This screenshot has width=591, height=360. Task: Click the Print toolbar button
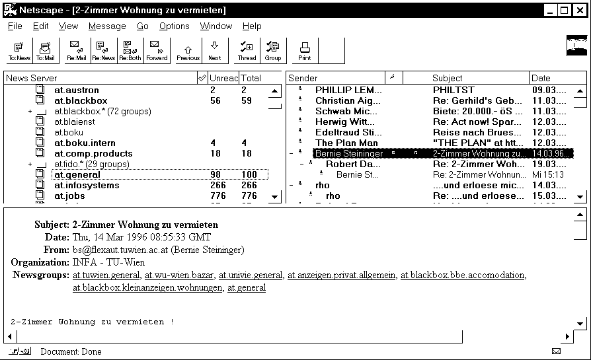tap(305, 50)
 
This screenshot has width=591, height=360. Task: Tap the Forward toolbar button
tap(157, 50)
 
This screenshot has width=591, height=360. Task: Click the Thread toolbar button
tap(247, 50)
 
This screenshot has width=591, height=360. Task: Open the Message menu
tap(107, 26)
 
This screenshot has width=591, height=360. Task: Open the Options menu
tap(174, 26)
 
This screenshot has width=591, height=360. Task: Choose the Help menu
tap(252, 26)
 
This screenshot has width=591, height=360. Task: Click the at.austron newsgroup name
tap(77, 90)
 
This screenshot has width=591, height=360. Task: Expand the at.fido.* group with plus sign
tap(30, 164)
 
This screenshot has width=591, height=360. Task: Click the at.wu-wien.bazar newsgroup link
tap(180, 275)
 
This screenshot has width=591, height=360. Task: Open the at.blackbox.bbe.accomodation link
tap(463, 275)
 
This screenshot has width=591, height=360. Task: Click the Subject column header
tap(448, 78)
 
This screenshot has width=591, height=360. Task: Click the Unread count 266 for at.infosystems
tap(217, 185)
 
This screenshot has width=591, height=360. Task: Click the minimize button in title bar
tap(550, 10)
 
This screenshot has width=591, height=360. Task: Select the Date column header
tap(541, 78)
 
